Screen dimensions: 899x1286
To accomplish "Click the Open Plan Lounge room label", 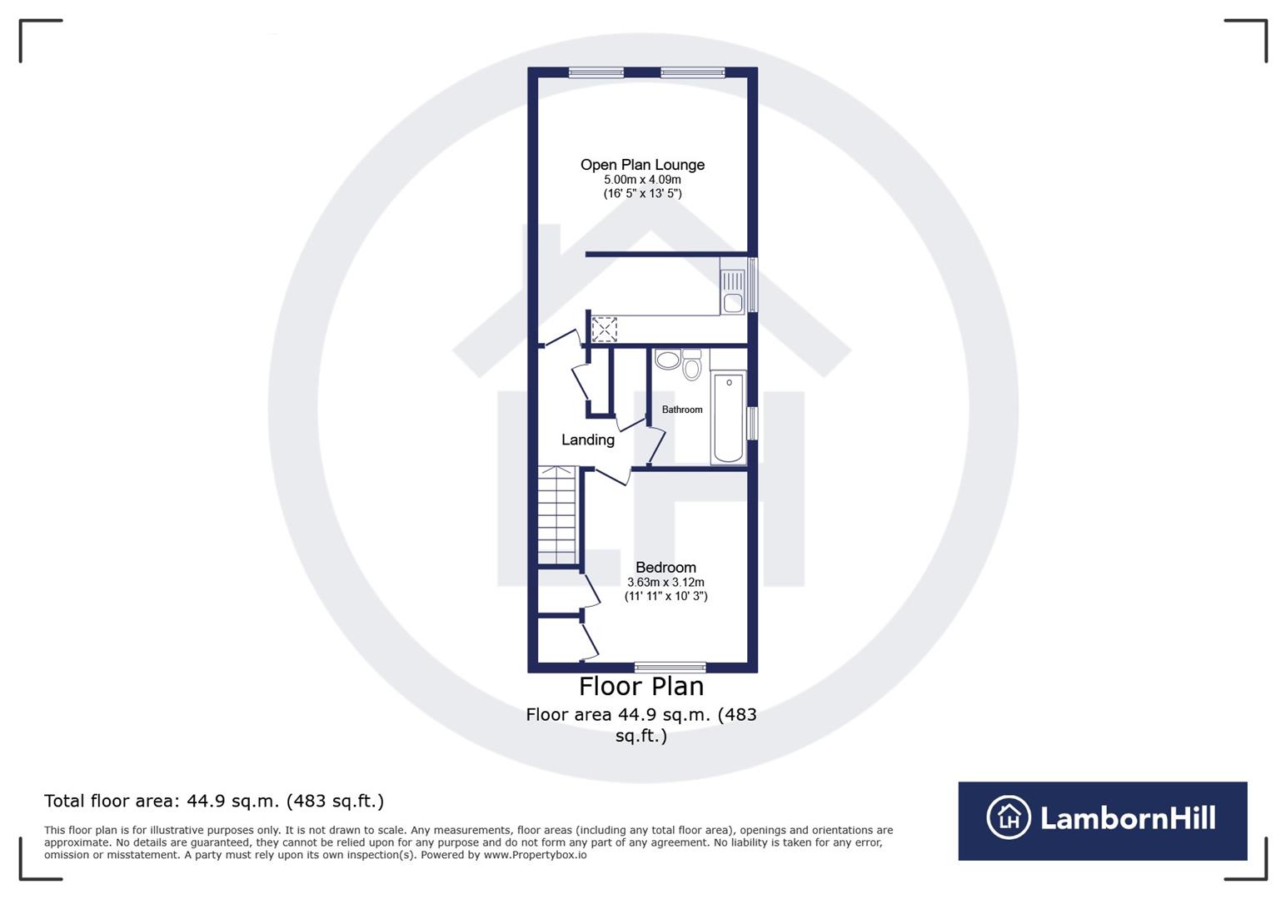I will (642, 165).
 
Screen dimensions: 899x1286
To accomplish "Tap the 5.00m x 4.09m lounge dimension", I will (642, 180).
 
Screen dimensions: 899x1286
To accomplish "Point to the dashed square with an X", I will (604, 329).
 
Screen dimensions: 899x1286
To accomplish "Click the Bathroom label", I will (682, 410).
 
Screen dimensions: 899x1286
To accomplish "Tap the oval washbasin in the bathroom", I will (667, 360).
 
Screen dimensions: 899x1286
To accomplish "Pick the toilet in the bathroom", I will (691, 365).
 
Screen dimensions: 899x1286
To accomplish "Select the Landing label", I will (587, 440).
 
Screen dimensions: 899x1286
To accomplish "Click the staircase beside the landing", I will (557, 514).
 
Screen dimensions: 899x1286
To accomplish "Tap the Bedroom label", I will (665, 568).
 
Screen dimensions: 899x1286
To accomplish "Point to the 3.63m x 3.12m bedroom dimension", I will (665, 583).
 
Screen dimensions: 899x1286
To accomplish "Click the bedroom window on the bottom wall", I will (670, 667).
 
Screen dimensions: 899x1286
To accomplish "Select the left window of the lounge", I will (596, 72).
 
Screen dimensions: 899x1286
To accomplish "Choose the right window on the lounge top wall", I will (692, 72).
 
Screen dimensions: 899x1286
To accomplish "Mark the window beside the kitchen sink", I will (752, 285).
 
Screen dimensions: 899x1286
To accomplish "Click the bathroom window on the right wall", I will (752, 423).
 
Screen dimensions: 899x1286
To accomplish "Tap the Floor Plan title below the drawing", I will (641, 687).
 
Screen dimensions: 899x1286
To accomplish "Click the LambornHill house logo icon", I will (1009, 817).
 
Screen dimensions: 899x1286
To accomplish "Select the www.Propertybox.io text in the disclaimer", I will (535, 855).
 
